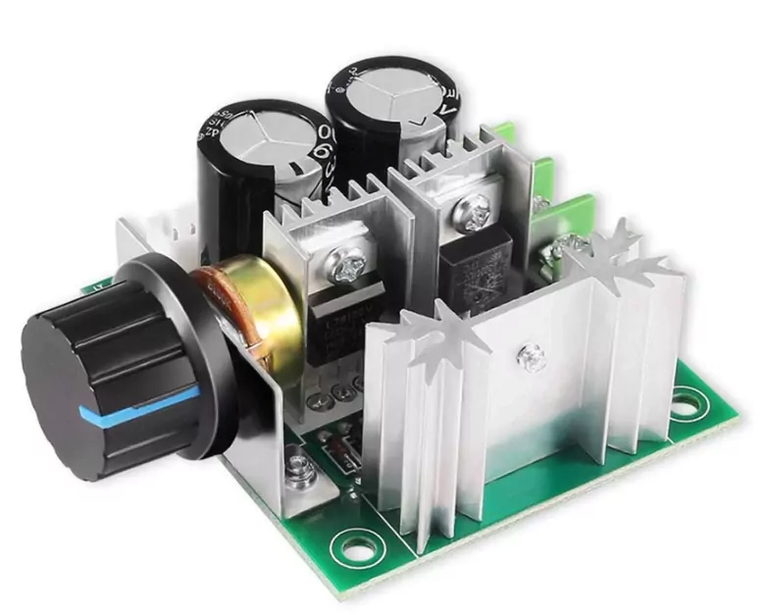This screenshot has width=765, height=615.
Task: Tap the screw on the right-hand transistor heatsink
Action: point(475,212)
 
